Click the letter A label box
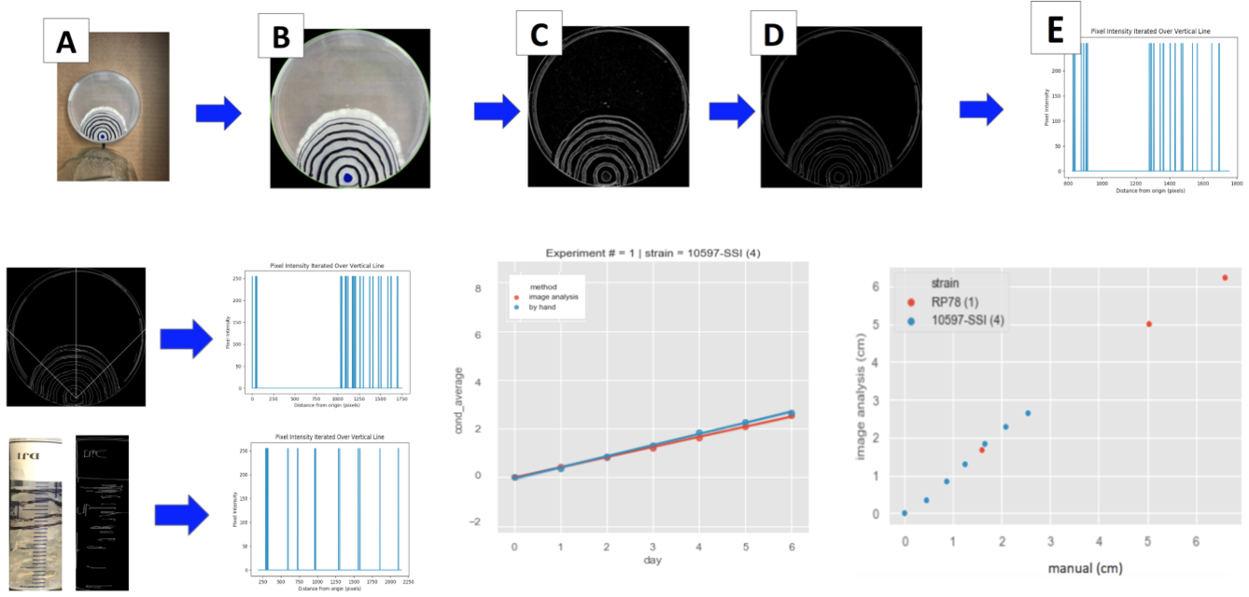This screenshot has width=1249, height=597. (66, 42)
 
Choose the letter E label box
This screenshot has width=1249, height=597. (1056, 29)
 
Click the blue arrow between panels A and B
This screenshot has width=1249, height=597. (218, 114)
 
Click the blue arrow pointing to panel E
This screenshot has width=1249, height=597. (981, 109)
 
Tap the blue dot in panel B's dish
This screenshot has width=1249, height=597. (348, 177)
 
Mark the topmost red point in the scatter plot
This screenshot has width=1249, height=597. (1224, 278)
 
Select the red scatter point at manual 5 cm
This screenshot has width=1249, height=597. (1149, 325)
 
